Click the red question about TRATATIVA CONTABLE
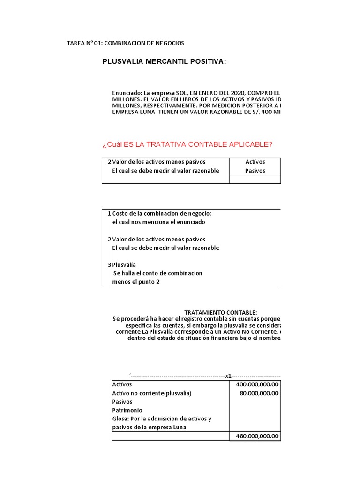pyautogui.click(x=187, y=144)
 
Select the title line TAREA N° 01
pyautogui.click(x=126, y=43)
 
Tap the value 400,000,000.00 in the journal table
pyautogui.click(x=255, y=384)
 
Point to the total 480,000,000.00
pyautogui.click(x=255, y=436)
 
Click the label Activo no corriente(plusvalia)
pyautogui.click(x=152, y=393)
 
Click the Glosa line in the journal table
pyautogui.click(x=162, y=419)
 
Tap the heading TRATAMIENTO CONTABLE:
pyautogui.click(x=220, y=312)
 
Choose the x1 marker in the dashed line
pyautogui.click(x=228, y=375)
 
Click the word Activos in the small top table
pyautogui.click(x=255, y=162)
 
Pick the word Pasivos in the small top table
pyautogui.click(x=255, y=171)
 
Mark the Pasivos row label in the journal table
pyautogui.click(x=122, y=402)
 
